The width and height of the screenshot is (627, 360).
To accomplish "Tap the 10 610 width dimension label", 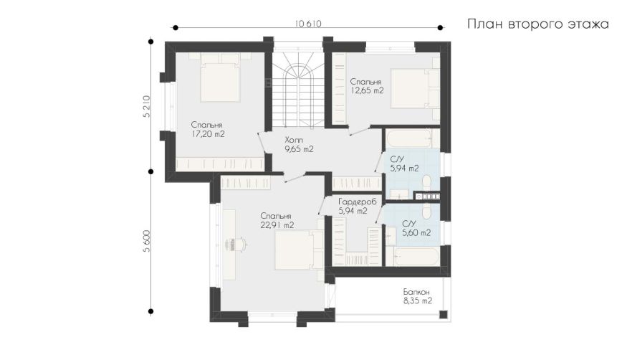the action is coord(308,24).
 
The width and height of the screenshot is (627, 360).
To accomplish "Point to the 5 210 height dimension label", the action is coord(146,106).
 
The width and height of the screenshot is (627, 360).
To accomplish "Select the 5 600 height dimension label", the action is coord(146,241).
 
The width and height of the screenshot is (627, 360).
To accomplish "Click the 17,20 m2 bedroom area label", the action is coord(208,130).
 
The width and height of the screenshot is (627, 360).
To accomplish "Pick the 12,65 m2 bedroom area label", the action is coord(367,86).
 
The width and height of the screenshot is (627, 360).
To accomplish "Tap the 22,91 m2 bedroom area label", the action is coord(277,221).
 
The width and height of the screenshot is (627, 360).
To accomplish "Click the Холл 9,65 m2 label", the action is coord(299,145).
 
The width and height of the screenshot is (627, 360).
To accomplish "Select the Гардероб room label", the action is coord(358,202).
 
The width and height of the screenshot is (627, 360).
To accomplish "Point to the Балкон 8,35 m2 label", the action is coord(418,296).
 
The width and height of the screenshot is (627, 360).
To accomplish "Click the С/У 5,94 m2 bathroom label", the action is coord(404,164).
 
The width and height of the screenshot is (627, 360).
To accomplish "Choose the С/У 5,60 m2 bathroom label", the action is coord(416,228).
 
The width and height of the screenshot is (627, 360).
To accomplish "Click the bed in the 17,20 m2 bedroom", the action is coord(219,78).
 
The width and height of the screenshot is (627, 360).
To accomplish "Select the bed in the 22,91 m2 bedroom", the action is coord(299,250).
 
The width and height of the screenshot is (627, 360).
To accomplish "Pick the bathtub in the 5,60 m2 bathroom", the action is coord(416,257).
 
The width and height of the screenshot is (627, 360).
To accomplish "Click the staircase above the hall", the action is coord(298,88).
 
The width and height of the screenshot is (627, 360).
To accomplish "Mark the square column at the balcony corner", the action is coord(443,314).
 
